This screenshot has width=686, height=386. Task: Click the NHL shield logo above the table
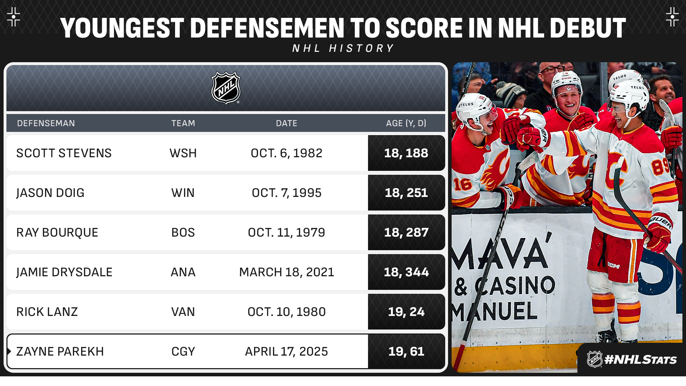pyautogui.click(x=226, y=88)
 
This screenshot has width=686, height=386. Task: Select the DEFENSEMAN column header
pyautogui.click(x=46, y=123)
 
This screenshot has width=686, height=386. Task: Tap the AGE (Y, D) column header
pyautogui.click(x=406, y=123)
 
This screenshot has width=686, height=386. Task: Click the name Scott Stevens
pyautogui.click(x=64, y=153)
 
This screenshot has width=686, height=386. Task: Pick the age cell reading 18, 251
pyautogui.click(x=406, y=193)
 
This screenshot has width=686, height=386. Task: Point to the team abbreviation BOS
pyautogui.click(x=183, y=232)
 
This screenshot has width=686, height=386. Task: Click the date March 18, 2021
pyautogui.click(x=287, y=272)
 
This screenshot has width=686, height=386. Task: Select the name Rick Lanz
pyautogui.click(x=47, y=312)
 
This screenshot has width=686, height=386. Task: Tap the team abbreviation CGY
pyautogui.click(x=183, y=351)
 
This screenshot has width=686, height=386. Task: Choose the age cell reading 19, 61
pyautogui.click(x=406, y=351)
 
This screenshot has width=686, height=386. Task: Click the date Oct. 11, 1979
pyautogui.click(x=287, y=232)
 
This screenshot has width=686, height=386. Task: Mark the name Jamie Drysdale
pyautogui.click(x=64, y=272)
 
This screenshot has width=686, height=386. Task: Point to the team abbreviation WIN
pyautogui.click(x=183, y=193)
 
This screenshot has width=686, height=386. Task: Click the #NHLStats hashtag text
pyautogui.click(x=640, y=360)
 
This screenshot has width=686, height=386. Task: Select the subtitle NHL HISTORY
pyautogui.click(x=343, y=48)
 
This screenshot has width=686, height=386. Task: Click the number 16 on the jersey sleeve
pyautogui.click(x=463, y=184)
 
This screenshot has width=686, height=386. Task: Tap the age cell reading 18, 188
pyautogui.click(x=406, y=153)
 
